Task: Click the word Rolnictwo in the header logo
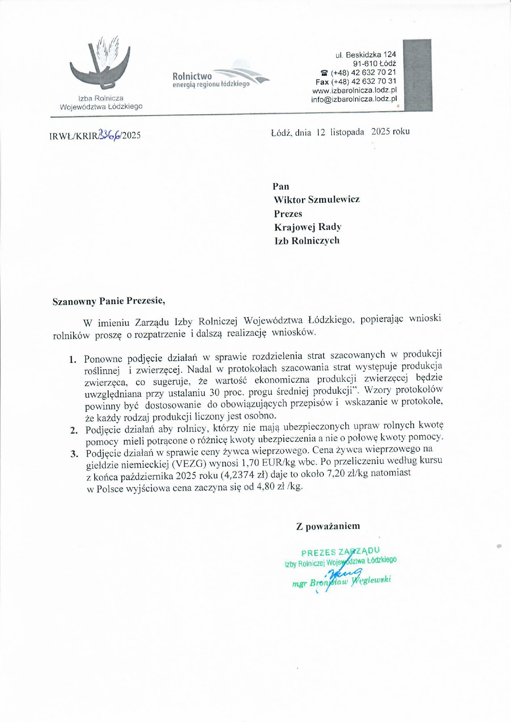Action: [x=192, y=76]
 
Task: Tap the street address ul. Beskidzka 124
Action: [x=366, y=54]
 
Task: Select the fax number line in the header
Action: [x=355, y=81]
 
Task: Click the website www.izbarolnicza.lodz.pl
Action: [x=354, y=90]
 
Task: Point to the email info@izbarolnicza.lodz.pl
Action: [x=354, y=99]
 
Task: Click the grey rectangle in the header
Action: [x=417, y=75]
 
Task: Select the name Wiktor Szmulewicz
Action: [x=316, y=200]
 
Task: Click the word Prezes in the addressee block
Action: [x=288, y=214]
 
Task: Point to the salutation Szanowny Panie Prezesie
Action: [x=109, y=301]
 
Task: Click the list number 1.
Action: [x=72, y=360]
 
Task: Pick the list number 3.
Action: [x=74, y=454]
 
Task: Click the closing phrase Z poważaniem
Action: [x=328, y=526]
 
